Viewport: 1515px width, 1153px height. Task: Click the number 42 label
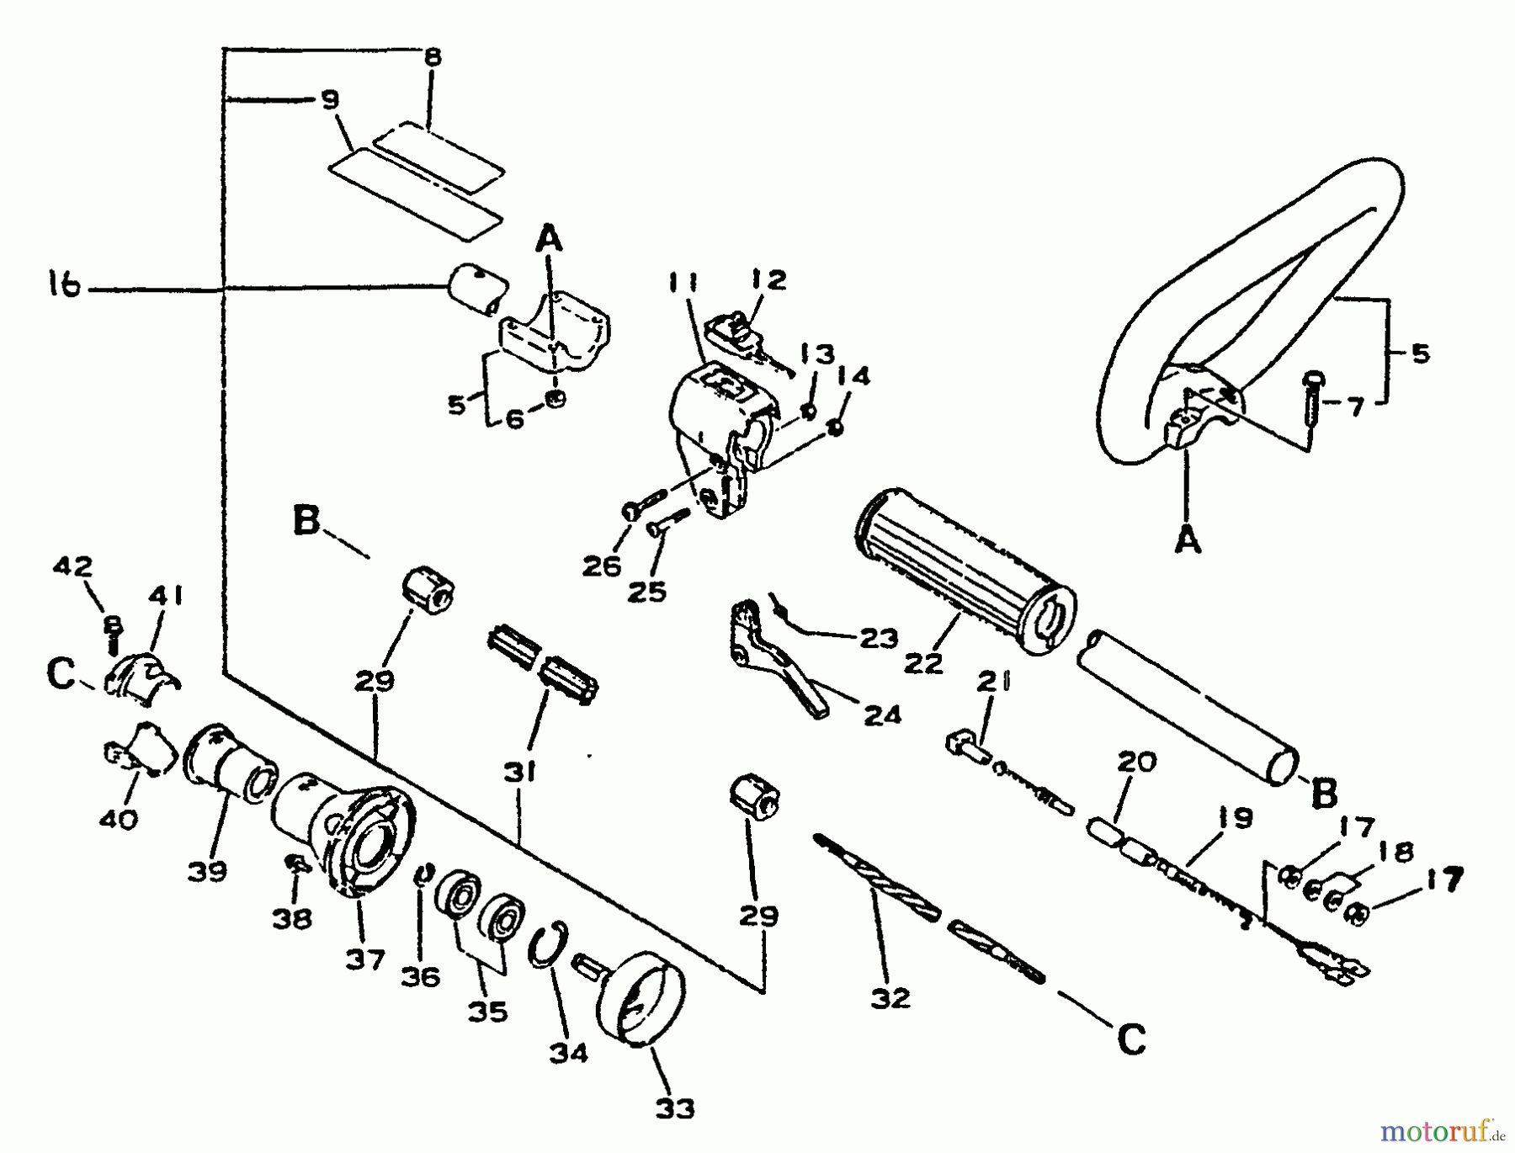[x=72, y=566]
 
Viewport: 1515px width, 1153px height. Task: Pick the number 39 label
[x=207, y=871]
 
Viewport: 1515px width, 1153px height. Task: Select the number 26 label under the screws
[x=603, y=566]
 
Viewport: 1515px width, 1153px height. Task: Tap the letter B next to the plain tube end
[x=1325, y=791]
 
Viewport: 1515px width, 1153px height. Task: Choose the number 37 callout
[x=364, y=959]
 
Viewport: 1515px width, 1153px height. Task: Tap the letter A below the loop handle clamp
[x=1188, y=541]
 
